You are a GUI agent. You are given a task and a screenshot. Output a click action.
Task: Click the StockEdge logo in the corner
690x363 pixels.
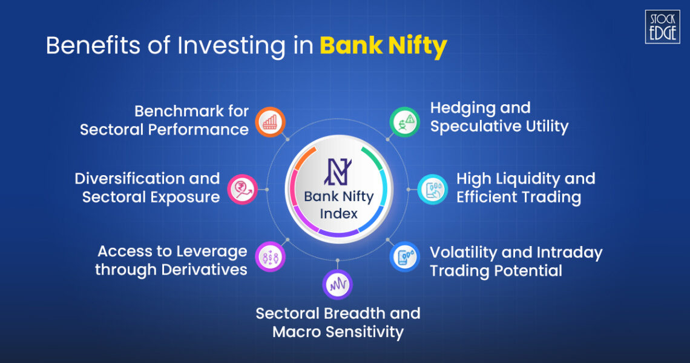coord(662,27)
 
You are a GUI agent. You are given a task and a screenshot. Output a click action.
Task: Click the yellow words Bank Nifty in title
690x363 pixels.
coord(383,46)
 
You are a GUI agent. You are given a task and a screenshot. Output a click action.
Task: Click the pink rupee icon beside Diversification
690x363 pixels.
coord(243,188)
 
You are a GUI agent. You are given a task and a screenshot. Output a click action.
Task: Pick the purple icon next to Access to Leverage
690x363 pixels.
coord(270,256)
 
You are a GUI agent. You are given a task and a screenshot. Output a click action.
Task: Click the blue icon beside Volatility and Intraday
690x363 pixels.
coord(404,256)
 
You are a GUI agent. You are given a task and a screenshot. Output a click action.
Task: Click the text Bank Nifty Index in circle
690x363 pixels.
coord(338,205)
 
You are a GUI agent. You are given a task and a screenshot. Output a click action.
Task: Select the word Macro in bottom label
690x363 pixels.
coord(298,332)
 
